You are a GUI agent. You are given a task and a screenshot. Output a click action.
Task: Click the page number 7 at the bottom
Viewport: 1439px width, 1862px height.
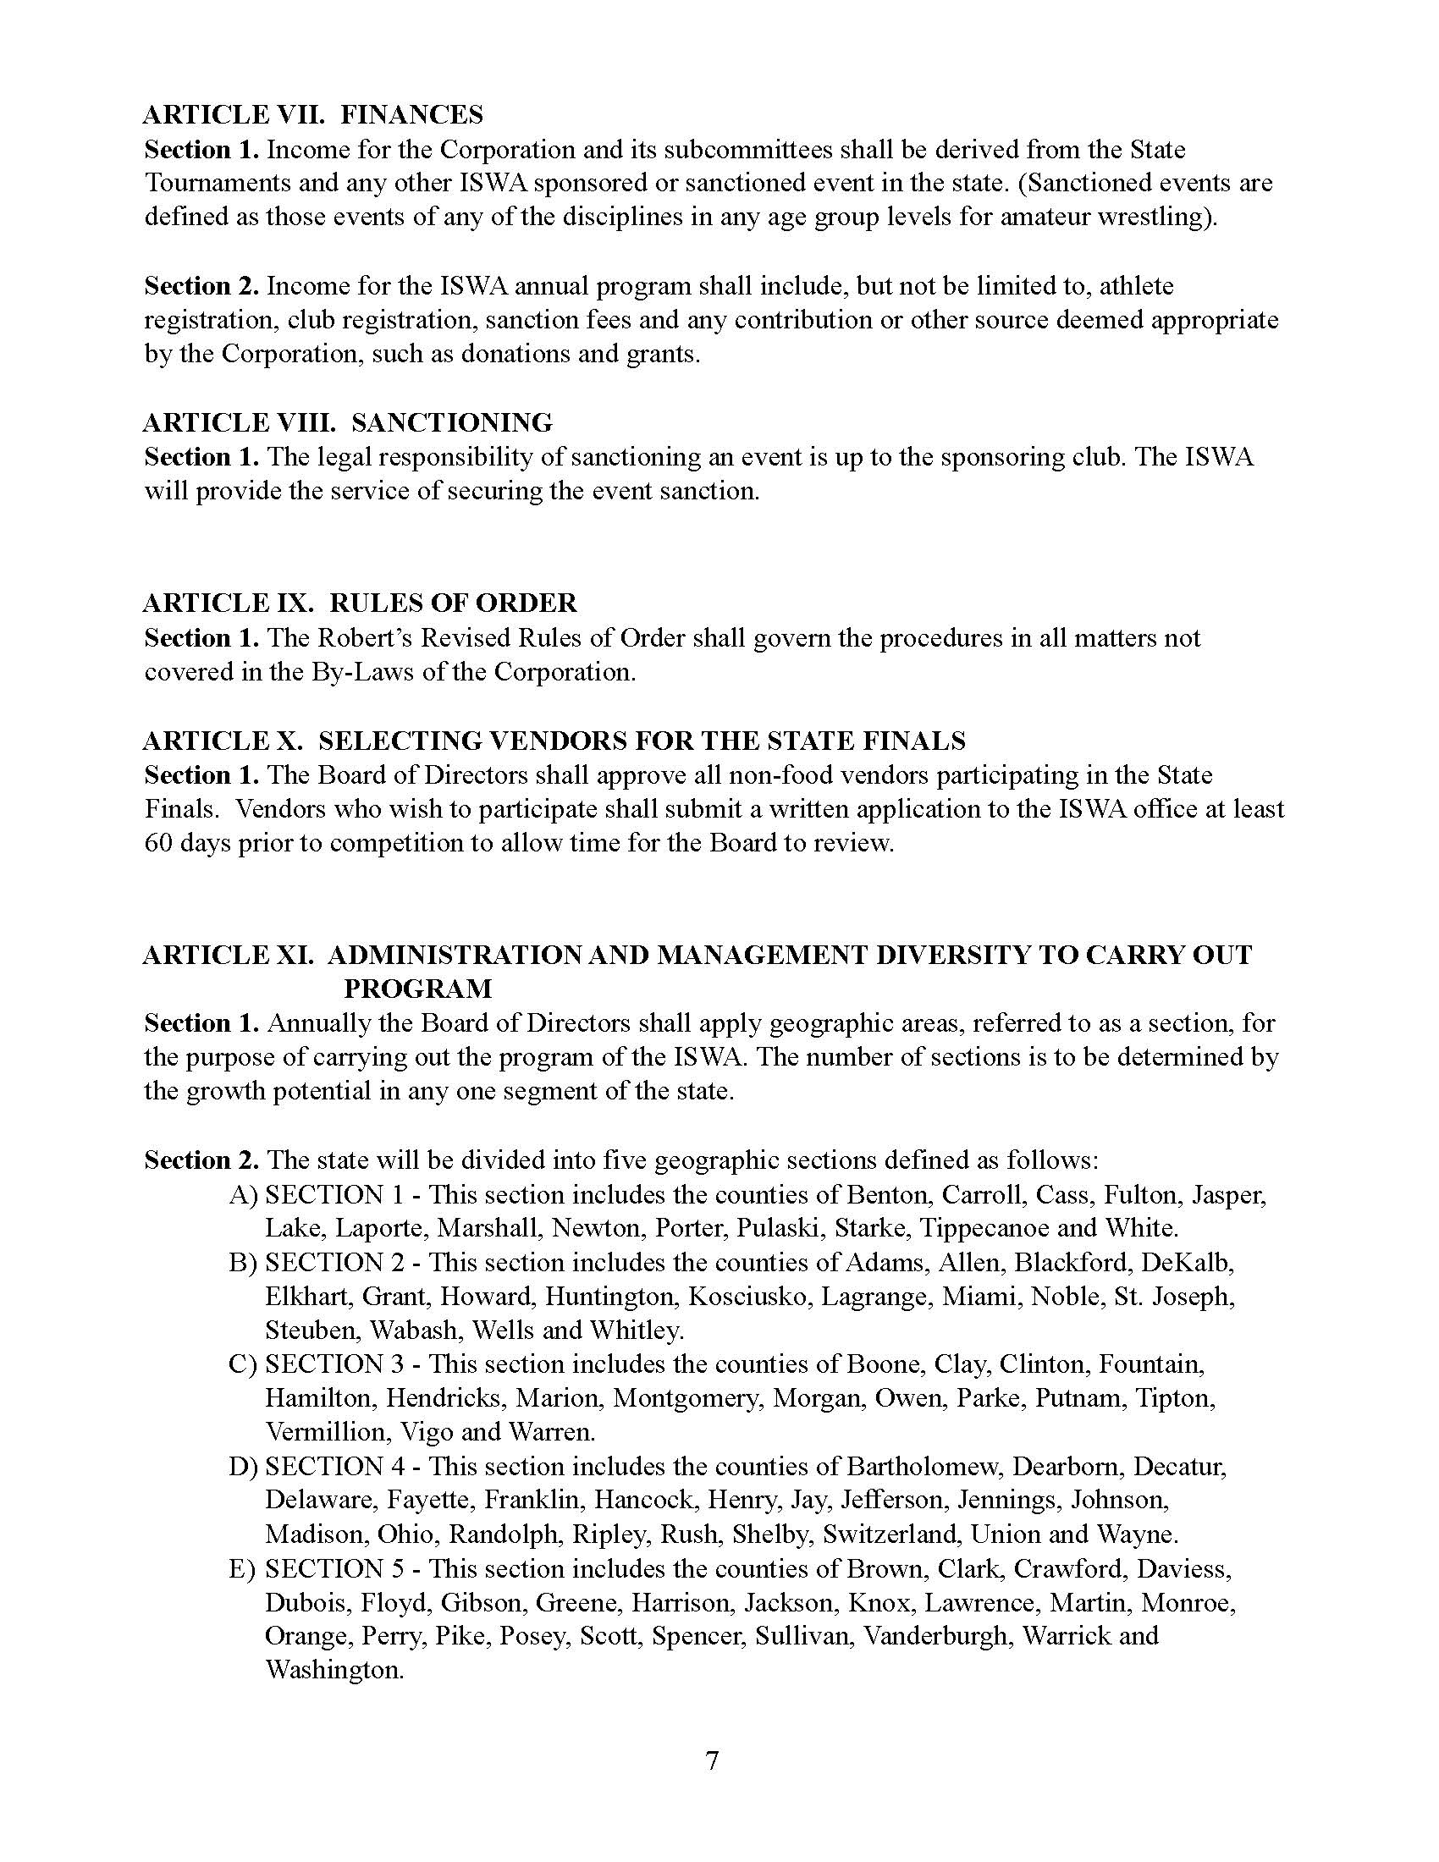713,1760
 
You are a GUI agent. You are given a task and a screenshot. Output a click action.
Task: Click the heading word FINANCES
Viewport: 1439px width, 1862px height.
412,114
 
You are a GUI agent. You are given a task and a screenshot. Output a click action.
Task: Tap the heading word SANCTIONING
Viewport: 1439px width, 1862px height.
452,422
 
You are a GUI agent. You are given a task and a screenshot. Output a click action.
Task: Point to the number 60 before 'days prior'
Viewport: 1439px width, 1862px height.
159,843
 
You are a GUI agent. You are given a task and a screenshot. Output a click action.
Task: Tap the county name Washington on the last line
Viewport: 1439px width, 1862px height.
334,1669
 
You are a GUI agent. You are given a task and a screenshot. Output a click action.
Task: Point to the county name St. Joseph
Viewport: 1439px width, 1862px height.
1177,1296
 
